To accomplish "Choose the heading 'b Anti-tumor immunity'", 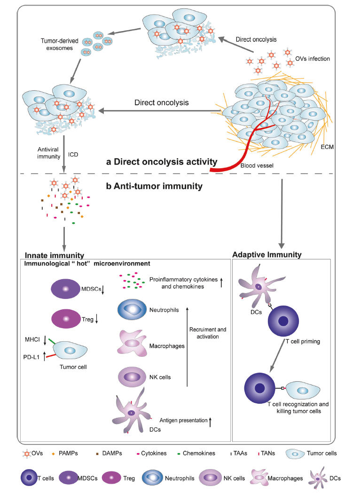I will coord(155,187).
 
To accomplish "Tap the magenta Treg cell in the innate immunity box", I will coord(66,319).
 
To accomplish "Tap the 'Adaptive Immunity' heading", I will coord(267,255).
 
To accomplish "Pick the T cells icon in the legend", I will coord(28,478).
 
